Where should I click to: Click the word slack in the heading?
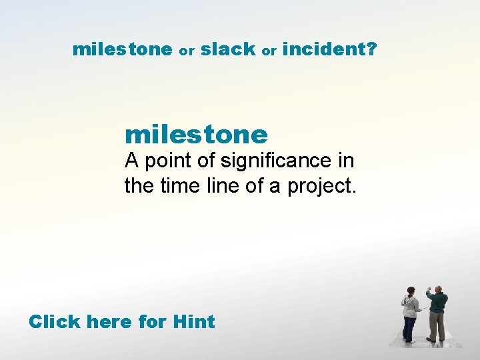[x=228, y=49]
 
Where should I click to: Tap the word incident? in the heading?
[x=329, y=49]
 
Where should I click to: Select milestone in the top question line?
[x=122, y=49]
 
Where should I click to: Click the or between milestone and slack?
[x=186, y=51]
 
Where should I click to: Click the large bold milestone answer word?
[x=196, y=135]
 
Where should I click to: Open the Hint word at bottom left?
[x=193, y=321]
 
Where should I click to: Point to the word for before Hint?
[x=152, y=321]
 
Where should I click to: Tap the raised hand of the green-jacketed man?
[x=429, y=289]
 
